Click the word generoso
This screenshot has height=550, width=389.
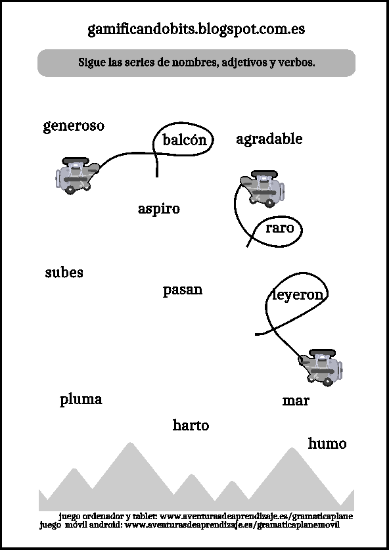coord(74,126)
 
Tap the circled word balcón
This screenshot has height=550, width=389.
coord(184,140)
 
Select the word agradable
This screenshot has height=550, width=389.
coord(269,139)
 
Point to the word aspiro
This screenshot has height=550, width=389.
coord(159,209)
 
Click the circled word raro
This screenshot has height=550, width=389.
coord(279,228)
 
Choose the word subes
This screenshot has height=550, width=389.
coord(64,272)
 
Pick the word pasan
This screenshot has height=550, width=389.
coord(183,291)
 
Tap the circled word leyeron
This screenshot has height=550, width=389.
coord(298,294)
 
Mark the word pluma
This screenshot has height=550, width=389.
coord(81,400)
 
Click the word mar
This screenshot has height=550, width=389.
coord(296,401)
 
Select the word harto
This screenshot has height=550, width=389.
coord(191,426)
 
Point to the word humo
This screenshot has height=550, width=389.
coord(327,444)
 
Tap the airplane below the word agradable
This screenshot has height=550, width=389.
coord(262,189)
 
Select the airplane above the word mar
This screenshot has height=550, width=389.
coord(321,367)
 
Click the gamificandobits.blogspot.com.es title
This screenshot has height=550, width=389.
coord(196,30)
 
